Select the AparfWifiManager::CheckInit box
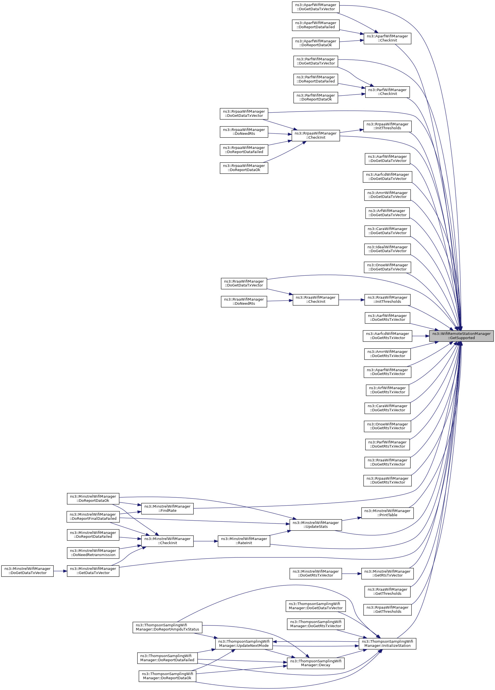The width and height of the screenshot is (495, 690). point(387,38)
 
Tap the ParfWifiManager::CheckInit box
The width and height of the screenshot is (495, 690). point(387,92)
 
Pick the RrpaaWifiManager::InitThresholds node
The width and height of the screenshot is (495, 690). point(387,126)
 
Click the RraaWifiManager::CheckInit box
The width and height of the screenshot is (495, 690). point(315,300)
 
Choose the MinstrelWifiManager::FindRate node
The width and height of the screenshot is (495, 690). point(167,508)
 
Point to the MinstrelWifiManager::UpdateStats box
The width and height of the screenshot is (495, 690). point(315,524)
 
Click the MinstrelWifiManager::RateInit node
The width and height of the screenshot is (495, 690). point(243,541)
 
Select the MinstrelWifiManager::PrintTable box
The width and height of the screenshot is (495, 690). point(387,513)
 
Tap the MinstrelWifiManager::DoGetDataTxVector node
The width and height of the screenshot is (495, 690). point(27,571)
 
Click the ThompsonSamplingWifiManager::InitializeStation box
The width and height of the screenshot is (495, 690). point(387,644)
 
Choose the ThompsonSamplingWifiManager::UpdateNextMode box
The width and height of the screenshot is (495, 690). point(243,644)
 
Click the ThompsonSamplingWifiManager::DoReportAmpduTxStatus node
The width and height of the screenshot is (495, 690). point(167,627)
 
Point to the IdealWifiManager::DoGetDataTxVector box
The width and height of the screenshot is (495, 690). point(387,249)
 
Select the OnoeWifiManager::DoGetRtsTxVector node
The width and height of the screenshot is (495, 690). point(387,426)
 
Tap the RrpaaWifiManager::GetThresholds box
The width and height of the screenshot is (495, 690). point(387,610)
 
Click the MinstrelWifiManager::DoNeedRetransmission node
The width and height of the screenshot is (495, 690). point(93,553)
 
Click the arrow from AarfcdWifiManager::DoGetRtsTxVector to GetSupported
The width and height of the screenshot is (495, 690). point(421,336)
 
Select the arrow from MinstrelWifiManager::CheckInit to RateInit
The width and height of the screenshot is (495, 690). point(206,541)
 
